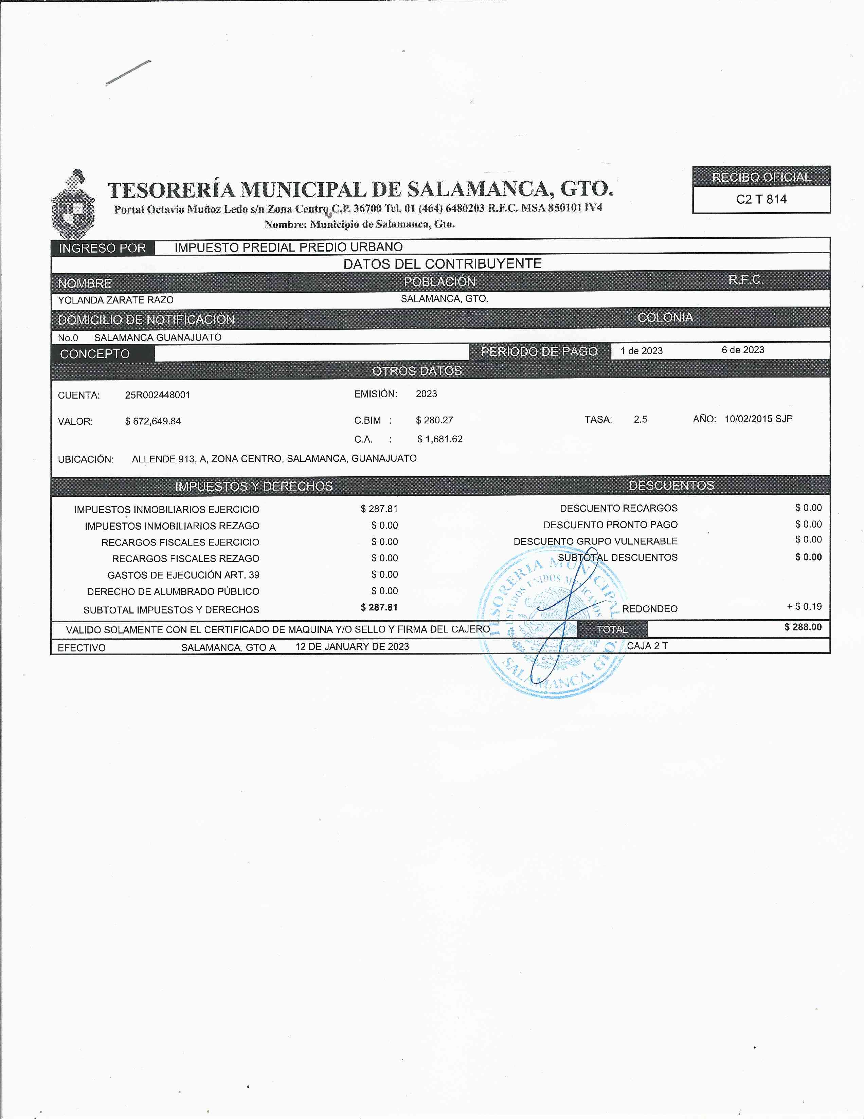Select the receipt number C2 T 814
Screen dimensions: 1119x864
761,199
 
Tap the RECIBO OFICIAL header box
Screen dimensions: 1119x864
761,177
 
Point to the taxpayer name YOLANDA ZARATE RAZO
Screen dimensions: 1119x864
115,300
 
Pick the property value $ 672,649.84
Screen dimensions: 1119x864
153,421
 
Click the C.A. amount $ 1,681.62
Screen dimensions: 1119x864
440,439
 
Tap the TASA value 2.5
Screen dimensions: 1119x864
640,419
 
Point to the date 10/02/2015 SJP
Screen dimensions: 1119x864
758,419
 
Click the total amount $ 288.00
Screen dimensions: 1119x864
803,627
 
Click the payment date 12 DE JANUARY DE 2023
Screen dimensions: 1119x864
352,647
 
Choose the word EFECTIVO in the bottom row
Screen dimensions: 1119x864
82,648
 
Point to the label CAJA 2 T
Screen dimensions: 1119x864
647,646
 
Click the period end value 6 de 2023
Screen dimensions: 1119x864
742,350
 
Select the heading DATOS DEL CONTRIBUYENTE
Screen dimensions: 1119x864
442,264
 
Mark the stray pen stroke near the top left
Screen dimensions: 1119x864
128,73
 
